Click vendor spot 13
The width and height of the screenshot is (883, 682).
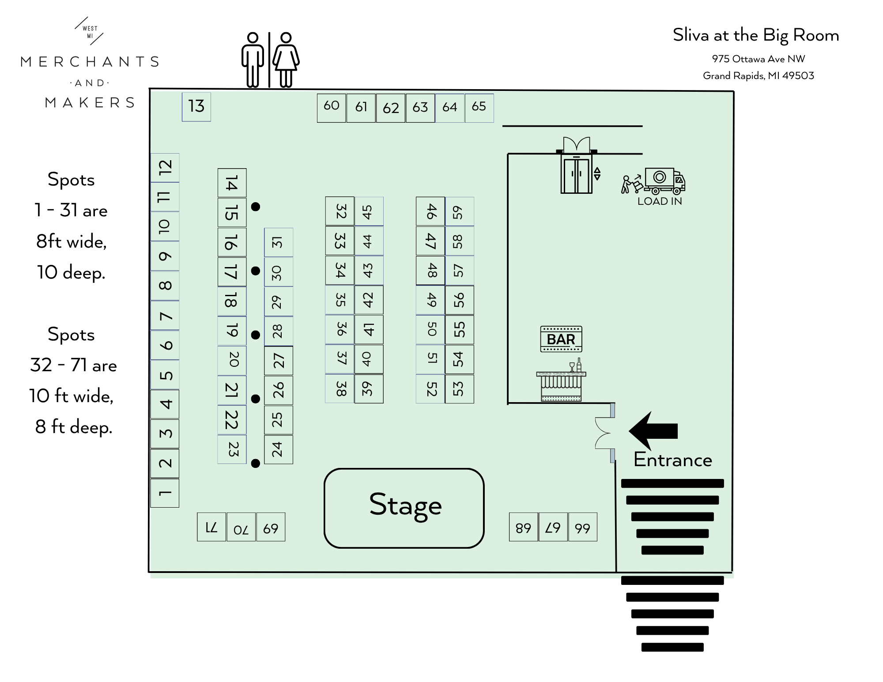[x=196, y=106]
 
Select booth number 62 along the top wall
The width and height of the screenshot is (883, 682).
[x=391, y=108]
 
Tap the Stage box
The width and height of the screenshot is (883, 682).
[x=404, y=508]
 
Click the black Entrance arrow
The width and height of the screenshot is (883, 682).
[x=653, y=431]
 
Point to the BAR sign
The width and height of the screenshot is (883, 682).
[x=561, y=339]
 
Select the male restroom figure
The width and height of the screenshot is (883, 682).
[x=253, y=60]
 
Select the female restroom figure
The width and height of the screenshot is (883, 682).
[x=286, y=60]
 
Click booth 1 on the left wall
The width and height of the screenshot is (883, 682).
[x=165, y=493]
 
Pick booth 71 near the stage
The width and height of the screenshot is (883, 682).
[x=211, y=527]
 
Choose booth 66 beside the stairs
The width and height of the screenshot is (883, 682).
[x=583, y=527]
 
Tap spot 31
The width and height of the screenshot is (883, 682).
[x=278, y=242]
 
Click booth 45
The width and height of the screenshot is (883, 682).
[x=369, y=211]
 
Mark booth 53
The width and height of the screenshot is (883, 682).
[x=459, y=389]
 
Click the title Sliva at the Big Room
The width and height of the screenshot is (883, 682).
[x=756, y=35]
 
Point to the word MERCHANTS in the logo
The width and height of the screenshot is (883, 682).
[x=90, y=62]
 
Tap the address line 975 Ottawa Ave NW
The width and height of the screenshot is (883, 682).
[x=758, y=59]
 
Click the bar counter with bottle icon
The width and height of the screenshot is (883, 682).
[x=561, y=382]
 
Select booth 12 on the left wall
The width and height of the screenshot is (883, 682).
[x=165, y=167]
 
